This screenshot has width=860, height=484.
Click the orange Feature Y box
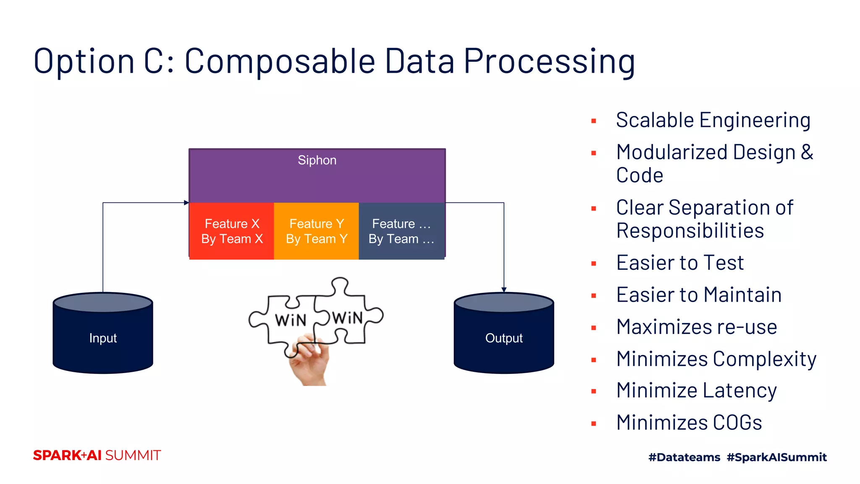point(316,231)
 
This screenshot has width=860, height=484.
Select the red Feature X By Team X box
point(232,231)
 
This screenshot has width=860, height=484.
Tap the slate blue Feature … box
point(401,231)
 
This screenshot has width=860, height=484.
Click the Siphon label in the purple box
point(317,160)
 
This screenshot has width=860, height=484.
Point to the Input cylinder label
point(103,338)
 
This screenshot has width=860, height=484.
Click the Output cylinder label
point(504,338)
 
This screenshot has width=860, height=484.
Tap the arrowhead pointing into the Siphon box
point(186,203)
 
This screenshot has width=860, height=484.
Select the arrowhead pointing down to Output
point(504,289)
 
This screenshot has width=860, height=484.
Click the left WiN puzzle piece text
point(291,321)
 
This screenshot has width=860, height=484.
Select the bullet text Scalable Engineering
point(713,120)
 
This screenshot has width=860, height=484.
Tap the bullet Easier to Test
point(680,263)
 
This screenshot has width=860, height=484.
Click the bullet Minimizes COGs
point(689,422)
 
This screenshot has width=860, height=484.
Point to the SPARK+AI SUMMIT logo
point(97,455)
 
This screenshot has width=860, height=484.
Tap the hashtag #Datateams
point(684,457)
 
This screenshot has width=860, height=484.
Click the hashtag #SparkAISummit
point(776,457)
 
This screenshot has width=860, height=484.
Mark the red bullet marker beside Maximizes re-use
point(594,328)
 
